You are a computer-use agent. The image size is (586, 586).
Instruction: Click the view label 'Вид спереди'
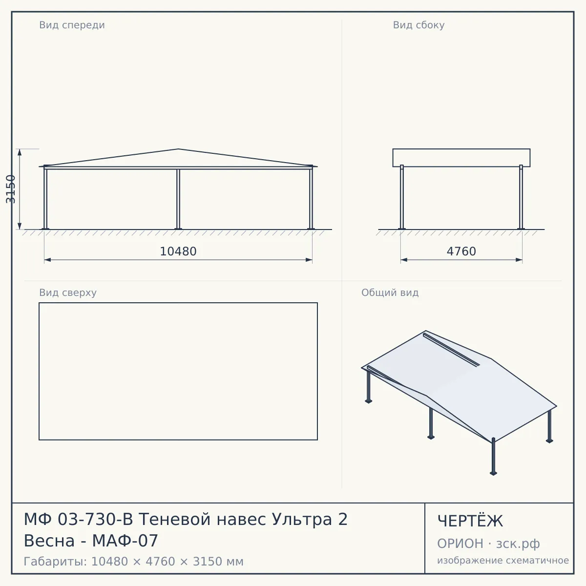click(72, 25)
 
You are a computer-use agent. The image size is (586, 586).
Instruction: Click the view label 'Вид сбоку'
click(419, 25)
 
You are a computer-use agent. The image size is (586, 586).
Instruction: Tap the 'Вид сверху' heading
click(68, 293)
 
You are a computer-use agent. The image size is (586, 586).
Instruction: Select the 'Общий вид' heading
click(390, 293)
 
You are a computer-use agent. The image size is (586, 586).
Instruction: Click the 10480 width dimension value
click(178, 251)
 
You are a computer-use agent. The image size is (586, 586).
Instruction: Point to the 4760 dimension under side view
click(461, 251)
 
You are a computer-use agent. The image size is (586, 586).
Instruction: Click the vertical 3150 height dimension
click(11, 189)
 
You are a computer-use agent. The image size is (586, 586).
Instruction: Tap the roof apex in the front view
click(178, 149)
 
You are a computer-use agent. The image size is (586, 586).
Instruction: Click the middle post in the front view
click(178, 199)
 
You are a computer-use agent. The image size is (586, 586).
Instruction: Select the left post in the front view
click(45, 198)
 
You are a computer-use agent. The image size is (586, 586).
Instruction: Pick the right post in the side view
click(521, 197)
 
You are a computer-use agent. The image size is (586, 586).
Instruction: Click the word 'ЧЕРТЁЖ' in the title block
click(470, 521)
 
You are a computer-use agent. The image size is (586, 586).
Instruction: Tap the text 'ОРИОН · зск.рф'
click(488, 544)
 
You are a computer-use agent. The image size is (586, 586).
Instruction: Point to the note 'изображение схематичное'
click(503, 560)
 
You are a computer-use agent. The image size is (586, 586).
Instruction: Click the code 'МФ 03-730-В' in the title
click(79, 519)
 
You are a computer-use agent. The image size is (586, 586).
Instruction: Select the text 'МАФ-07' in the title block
click(125, 541)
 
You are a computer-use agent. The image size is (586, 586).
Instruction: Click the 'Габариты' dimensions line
click(133, 562)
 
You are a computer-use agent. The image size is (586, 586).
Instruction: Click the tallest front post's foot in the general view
click(493, 473)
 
